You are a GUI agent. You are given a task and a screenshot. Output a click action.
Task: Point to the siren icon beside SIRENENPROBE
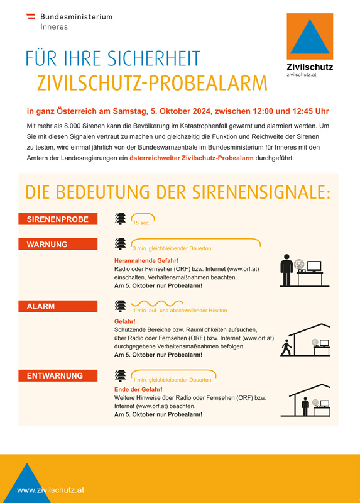[120, 219]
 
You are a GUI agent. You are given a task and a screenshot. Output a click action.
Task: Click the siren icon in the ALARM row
[120, 306]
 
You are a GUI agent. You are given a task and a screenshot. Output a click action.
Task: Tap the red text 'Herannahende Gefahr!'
[146, 260]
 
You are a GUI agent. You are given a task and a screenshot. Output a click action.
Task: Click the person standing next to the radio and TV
[286, 272]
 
